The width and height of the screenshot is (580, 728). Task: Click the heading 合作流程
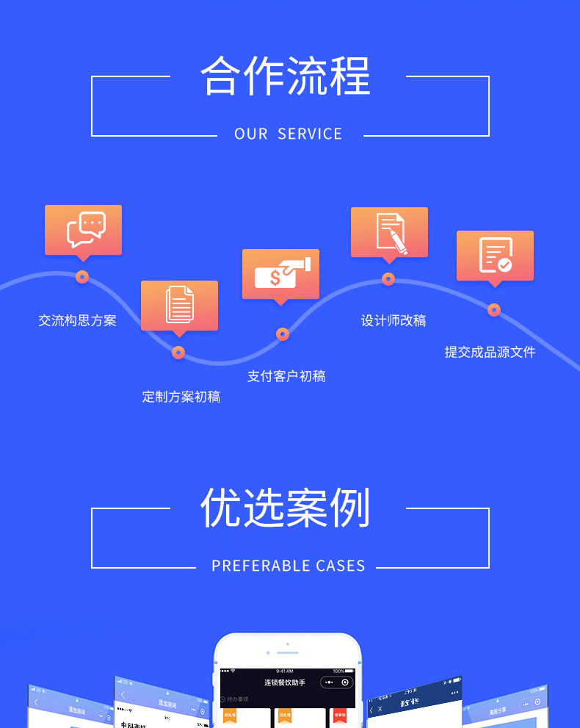pyautogui.click(x=286, y=76)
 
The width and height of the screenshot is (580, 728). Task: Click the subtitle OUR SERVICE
pyautogui.click(x=288, y=134)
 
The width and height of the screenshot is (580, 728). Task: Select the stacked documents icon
pyautogui.click(x=179, y=305)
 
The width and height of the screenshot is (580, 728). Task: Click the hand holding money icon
pyautogui.click(x=281, y=273)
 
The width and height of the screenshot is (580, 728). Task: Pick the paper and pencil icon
pyautogui.click(x=390, y=232)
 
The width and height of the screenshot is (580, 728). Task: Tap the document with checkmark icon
pyautogui.click(x=495, y=256)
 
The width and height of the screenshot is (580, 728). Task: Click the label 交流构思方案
pyautogui.click(x=77, y=320)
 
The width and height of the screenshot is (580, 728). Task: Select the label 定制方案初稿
pyautogui.click(x=181, y=397)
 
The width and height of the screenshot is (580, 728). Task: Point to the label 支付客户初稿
pyautogui.click(x=286, y=376)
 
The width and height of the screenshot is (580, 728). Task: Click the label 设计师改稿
pyautogui.click(x=393, y=320)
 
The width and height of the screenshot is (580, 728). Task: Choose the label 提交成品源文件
pyautogui.click(x=490, y=352)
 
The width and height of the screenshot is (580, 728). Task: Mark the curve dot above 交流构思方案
pyautogui.click(x=82, y=277)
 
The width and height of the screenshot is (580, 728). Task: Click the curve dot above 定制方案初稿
pyautogui.click(x=178, y=353)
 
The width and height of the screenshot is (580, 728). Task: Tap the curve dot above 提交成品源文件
pyautogui.click(x=494, y=310)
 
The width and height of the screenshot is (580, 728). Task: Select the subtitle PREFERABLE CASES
pyautogui.click(x=288, y=566)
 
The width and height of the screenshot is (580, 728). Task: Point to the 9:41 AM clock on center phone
pyautogui.click(x=285, y=671)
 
